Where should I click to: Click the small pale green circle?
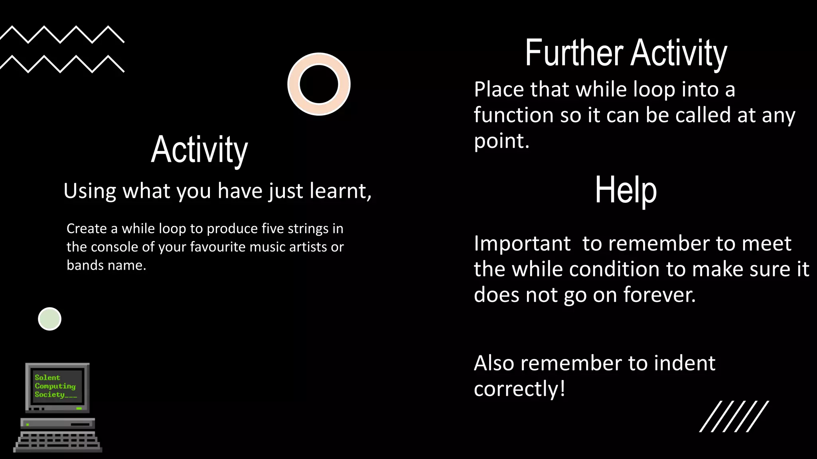(x=49, y=319)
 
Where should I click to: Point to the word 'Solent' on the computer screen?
(x=47, y=377)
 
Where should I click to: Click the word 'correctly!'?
(x=519, y=389)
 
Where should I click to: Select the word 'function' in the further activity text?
(x=513, y=115)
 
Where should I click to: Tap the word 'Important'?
(x=522, y=243)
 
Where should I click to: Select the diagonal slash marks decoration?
(x=734, y=416)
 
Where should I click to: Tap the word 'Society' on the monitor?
(x=49, y=394)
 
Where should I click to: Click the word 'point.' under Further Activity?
(x=501, y=141)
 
